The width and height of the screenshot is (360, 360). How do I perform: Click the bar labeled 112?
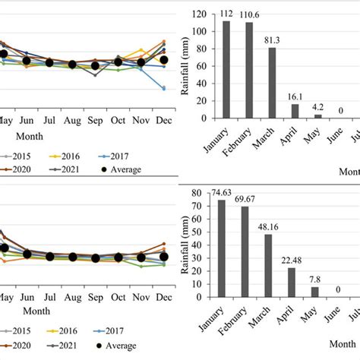point(226,70)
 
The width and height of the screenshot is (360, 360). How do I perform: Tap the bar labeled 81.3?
point(272,83)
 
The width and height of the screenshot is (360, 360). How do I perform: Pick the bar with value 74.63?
point(222,248)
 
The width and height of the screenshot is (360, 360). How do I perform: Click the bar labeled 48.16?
point(267,266)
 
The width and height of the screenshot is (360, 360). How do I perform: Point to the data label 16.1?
point(295,97)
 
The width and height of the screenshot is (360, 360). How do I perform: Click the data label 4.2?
point(317,106)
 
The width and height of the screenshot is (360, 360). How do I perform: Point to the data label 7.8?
point(314,279)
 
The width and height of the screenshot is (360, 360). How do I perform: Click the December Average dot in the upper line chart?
point(163,59)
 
